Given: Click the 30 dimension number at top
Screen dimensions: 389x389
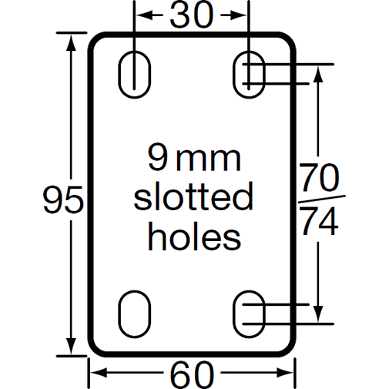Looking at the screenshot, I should [x=191, y=15].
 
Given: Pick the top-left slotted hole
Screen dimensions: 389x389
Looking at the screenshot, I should [x=134, y=74].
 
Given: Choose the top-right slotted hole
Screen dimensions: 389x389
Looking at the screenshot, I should [x=248, y=74].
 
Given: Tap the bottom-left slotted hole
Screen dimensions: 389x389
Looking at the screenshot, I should [x=134, y=314].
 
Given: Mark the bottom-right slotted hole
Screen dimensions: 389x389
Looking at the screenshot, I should [x=248, y=314].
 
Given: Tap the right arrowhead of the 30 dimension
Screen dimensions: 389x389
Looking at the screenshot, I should [x=242, y=15].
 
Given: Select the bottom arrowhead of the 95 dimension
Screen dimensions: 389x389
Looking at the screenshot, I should [x=73, y=349].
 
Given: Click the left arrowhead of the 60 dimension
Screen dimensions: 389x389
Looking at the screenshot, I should [x=97, y=375].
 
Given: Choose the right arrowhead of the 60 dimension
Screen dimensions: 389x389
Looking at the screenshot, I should [x=288, y=375].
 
